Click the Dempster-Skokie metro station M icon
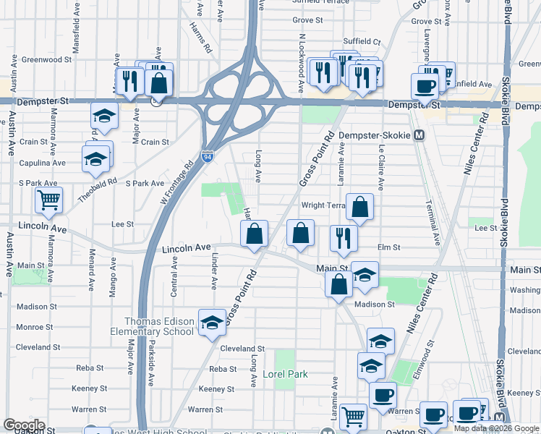coord(420,135)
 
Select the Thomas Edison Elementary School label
coord(159,326)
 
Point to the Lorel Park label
coord(285,374)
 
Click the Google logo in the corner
coord(24,425)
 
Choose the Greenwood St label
coord(44,59)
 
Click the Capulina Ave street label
coord(43,163)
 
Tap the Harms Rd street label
coord(201,38)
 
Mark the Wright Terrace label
coord(322,205)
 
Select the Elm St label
coord(388,247)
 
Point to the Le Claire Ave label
coord(380,167)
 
